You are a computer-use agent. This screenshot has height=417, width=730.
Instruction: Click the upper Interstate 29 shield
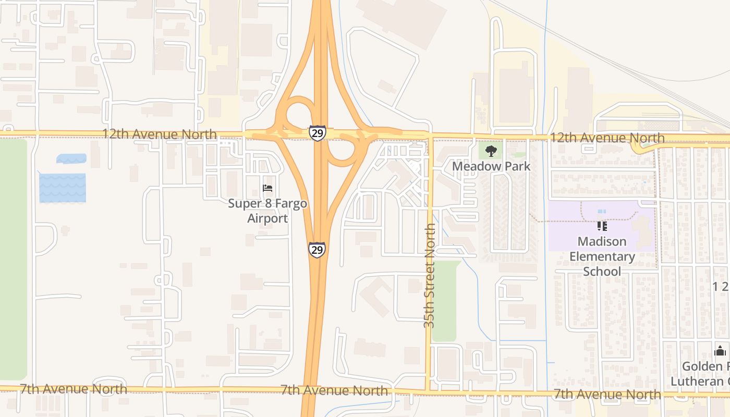click(317, 132)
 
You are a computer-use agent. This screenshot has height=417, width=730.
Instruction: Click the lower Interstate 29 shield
click(317, 250)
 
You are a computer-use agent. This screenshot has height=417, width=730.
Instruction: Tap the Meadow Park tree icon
click(491, 152)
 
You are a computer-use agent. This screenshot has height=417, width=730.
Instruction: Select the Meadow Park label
click(491, 166)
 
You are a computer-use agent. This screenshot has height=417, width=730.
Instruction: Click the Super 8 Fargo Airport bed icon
click(267, 188)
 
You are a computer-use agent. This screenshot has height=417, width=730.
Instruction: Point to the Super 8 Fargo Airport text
click(267, 211)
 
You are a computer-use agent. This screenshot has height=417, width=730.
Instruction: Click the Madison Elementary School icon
click(602, 226)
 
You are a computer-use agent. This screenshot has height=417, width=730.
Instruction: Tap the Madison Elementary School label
click(602, 256)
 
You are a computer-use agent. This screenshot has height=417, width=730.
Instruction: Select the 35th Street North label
click(429, 276)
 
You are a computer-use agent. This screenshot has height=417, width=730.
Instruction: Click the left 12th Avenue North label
click(159, 134)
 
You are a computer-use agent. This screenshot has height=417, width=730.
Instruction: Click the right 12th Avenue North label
click(607, 138)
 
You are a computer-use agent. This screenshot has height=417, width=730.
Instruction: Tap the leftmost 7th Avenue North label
click(73, 388)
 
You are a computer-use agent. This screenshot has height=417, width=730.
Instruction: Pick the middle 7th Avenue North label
click(334, 390)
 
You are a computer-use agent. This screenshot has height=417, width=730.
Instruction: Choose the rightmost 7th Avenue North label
click(607, 394)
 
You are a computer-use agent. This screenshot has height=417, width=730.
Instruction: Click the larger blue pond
click(63, 188)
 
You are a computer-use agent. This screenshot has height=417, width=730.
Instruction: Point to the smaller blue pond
click(71, 158)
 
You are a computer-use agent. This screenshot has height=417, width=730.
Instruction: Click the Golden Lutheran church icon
click(720, 351)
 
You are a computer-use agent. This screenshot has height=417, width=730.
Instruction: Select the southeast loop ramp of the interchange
click(341, 153)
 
